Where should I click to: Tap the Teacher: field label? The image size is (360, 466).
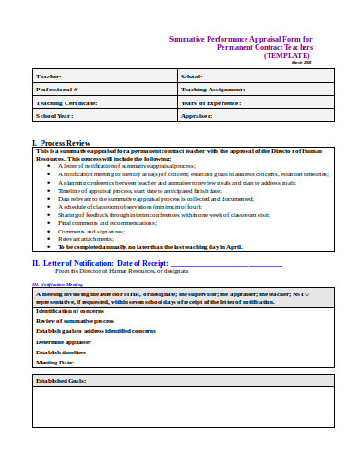coord(48,76)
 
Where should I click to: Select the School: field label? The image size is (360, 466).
coord(192,76)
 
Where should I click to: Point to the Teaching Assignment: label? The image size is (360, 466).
coord(213,90)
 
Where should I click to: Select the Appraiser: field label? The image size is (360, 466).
coord(197,117)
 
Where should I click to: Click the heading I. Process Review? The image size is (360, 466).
coord(61,143)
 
